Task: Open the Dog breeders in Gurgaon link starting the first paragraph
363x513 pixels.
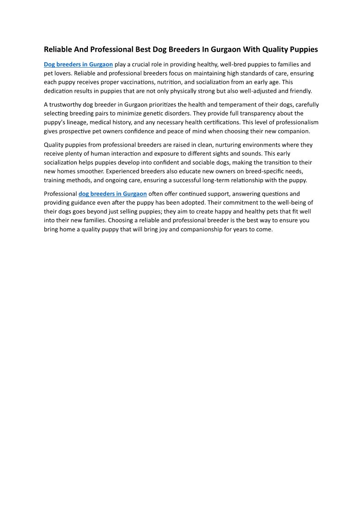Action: pyautogui.click(x=78, y=65)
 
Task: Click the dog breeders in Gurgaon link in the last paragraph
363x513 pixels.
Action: pyautogui.click(x=112, y=194)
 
